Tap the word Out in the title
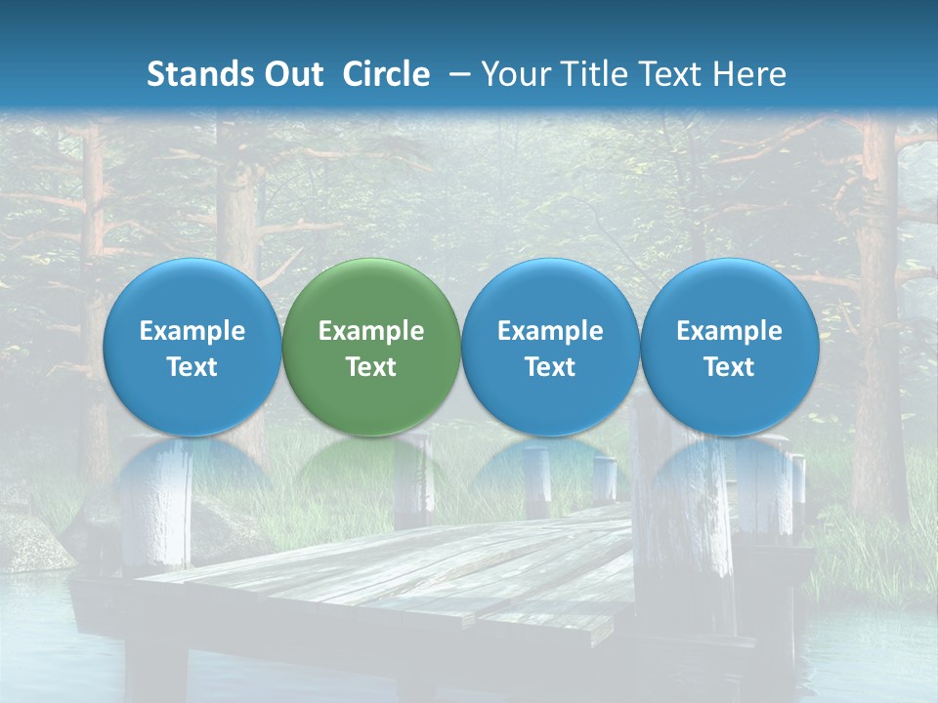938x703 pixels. (x=291, y=74)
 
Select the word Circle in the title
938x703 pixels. (x=386, y=74)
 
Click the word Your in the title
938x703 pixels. (x=516, y=74)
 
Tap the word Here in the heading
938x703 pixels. (x=750, y=74)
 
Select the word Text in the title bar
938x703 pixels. (x=672, y=74)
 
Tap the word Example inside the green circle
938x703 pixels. (x=371, y=331)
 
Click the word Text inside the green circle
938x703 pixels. (x=371, y=367)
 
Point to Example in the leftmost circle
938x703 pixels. (x=192, y=331)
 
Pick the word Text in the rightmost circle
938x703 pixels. (x=729, y=367)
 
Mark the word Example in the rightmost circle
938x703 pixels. (x=729, y=331)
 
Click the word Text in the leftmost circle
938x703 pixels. (x=192, y=367)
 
